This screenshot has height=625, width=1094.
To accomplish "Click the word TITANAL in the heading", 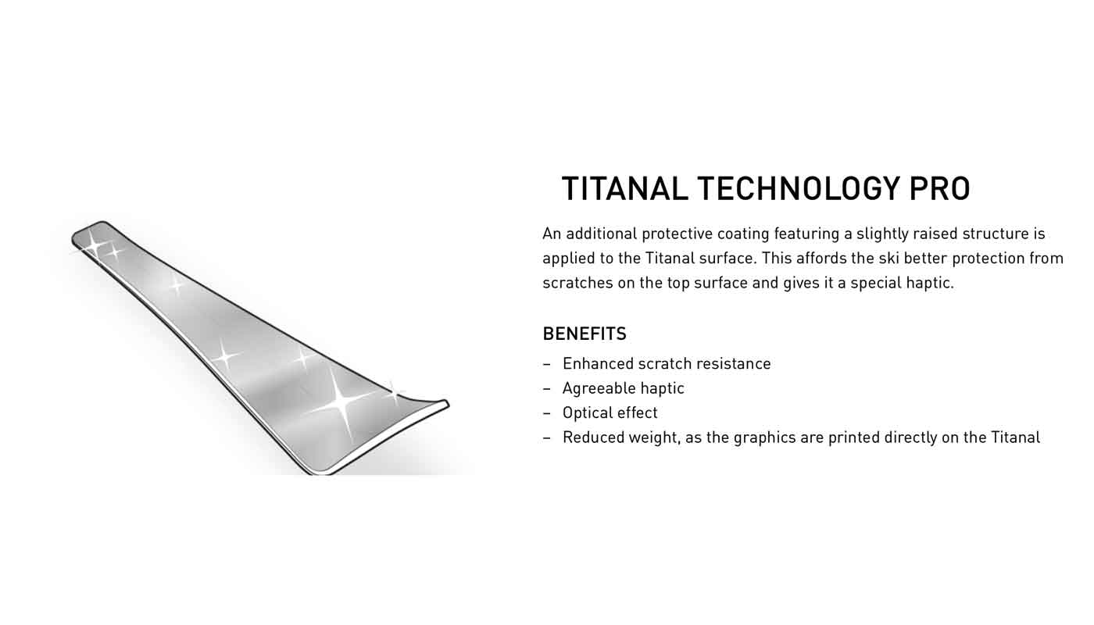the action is (624, 188).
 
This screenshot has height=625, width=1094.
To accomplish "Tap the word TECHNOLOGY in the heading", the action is (798, 188).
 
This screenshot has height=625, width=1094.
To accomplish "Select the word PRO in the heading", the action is (939, 188).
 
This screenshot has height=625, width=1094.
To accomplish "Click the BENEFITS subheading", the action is (585, 334).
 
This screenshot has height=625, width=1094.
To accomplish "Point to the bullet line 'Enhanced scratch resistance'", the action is (667, 364).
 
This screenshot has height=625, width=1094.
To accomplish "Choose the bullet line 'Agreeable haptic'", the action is (624, 389).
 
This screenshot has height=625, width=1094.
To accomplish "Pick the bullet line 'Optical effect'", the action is (610, 413).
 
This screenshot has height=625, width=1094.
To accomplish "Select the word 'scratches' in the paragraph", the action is (577, 283).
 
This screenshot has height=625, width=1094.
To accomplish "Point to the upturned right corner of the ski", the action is (446, 403).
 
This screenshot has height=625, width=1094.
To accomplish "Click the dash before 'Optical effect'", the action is (546, 413).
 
